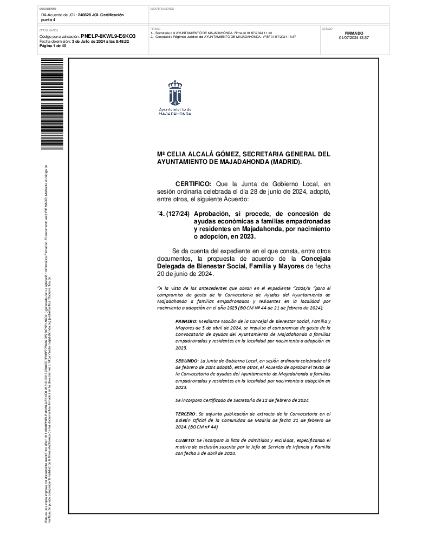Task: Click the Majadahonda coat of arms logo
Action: tap(174, 94)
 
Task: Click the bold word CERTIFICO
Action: tap(193, 184)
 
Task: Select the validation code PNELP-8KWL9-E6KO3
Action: tap(108, 36)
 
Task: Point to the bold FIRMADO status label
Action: tap(354, 33)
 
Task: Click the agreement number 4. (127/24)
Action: tap(174, 214)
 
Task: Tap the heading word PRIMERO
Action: tap(186, 321)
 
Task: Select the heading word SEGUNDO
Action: tap(187, 360)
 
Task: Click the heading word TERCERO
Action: tap(186, 413)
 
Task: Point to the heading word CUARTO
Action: tap(185, 441)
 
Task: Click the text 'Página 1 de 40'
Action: tap(53, 46)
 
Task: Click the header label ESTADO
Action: tap(327, 28)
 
